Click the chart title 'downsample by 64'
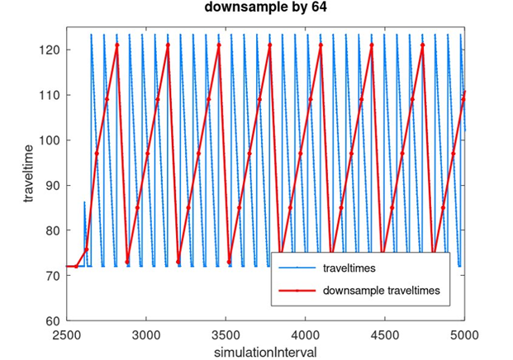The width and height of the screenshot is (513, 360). (265, 9)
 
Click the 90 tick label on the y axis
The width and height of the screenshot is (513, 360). (52, 185)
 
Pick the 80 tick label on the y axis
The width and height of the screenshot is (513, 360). (52, 230)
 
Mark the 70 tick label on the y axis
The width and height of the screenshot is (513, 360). (52, 275)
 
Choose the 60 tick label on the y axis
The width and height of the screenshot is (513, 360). (52, 320)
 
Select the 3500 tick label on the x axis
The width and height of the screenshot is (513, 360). (226, 335)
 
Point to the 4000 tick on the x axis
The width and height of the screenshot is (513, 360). (306, 335)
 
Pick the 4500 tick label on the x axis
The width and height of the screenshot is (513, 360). (385, 335)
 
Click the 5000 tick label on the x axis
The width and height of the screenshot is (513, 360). (464, 335)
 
